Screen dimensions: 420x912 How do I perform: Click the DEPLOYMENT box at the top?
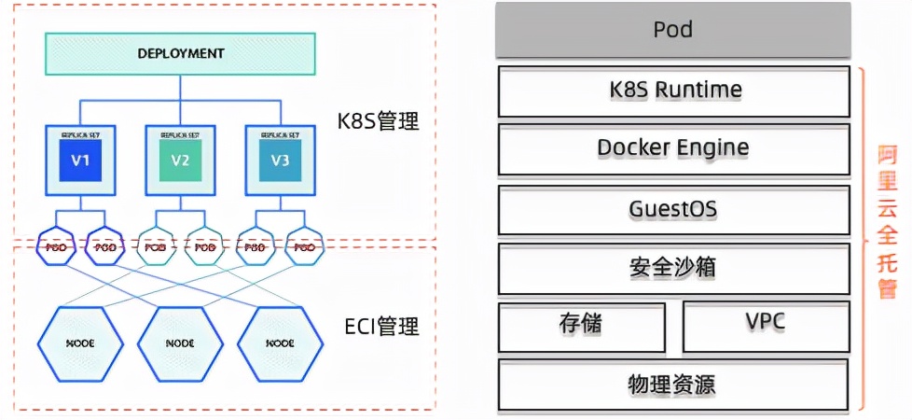tap(180, 53)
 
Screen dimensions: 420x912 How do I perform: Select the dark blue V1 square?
tap(79, 160)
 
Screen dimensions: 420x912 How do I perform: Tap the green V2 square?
tap(180, 160)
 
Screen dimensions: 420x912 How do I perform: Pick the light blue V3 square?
tap(280, 160)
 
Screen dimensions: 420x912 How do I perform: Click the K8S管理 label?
tap(379, 120)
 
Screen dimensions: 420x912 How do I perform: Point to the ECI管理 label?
tap(381, 327)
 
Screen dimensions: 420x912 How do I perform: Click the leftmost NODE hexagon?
tap(79, 343)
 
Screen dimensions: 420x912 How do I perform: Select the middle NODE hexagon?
tap(180, 343)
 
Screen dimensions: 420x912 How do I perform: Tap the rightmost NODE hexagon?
tap(280, 343)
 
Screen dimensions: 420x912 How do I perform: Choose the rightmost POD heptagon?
tap(305, 247)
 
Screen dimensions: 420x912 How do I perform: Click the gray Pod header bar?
tap(673, 30)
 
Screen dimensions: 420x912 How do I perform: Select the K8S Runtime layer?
tap(673, 91)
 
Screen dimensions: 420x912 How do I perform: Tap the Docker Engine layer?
tap(673, 148)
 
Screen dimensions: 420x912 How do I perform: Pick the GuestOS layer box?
tap(673, 209)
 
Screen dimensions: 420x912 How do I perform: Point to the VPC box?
tap(766, 324)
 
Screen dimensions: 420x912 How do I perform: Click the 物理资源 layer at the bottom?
tap(673, 384)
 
